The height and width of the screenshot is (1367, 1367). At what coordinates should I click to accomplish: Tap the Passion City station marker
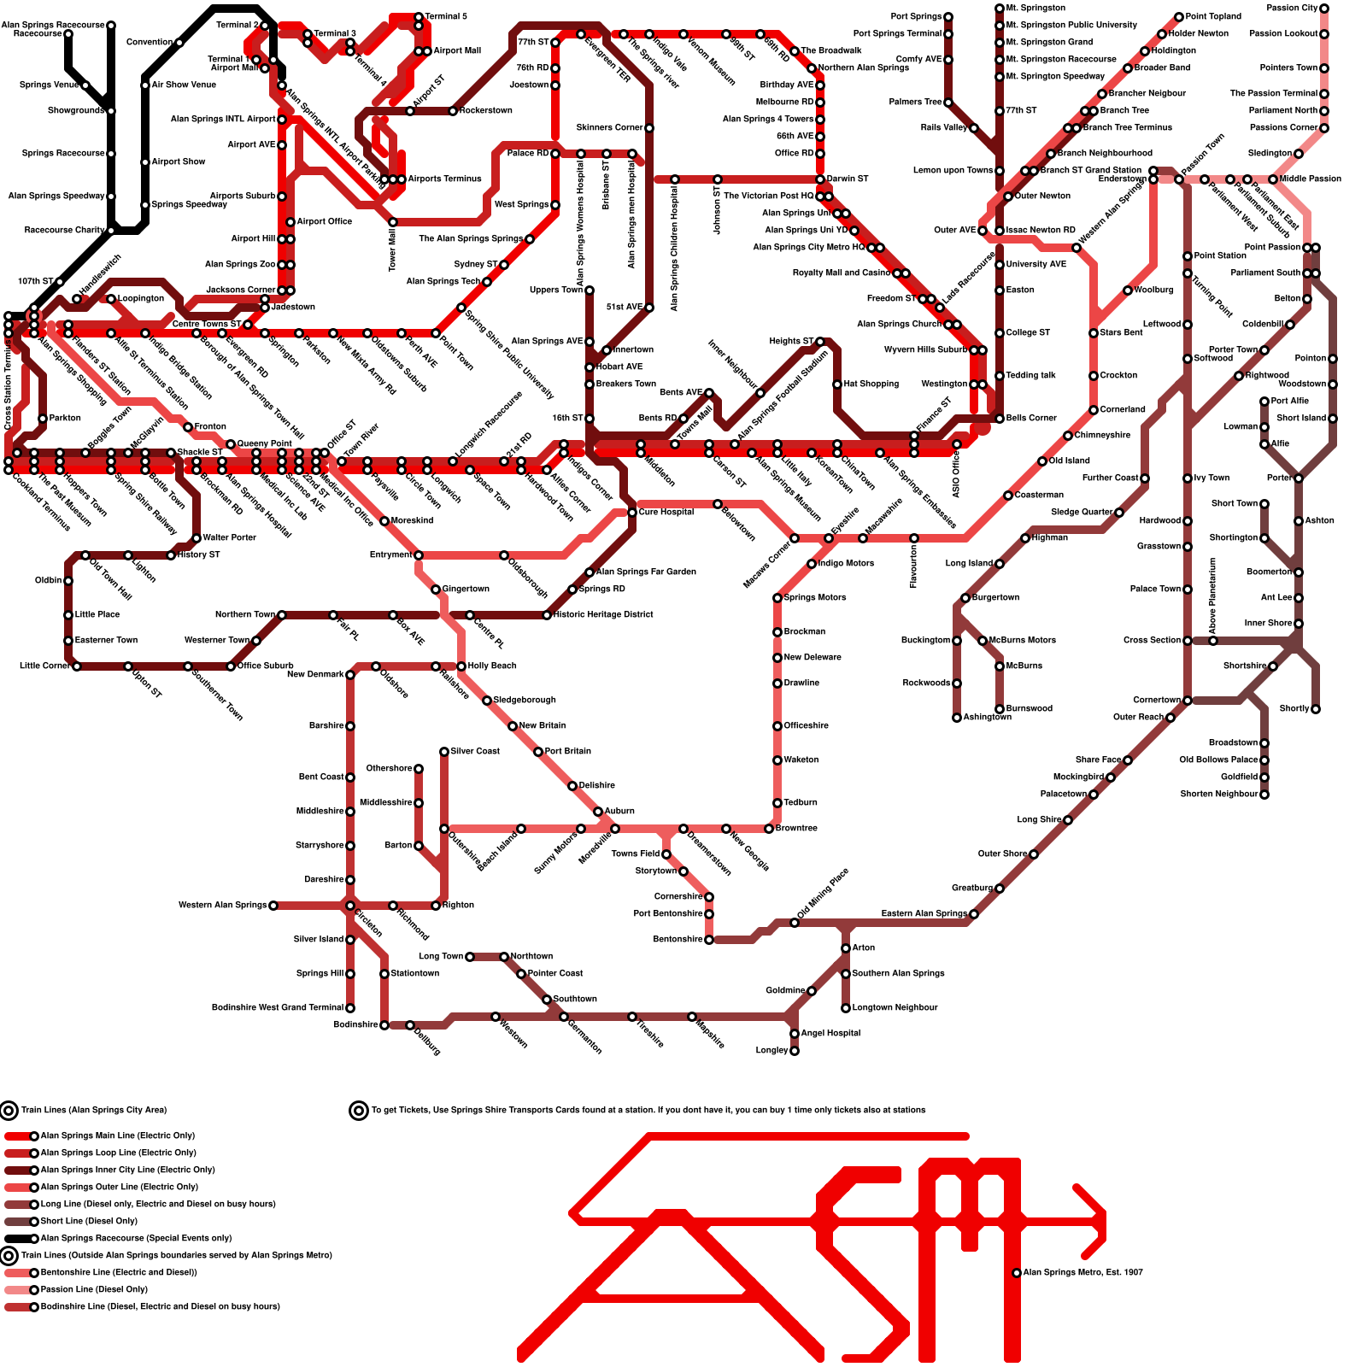1324,9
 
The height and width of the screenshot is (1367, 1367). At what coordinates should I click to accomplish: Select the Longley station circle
795,1051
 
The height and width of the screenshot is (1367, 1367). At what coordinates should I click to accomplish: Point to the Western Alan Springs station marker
273,906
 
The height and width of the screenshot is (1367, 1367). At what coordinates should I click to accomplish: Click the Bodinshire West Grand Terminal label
278,1008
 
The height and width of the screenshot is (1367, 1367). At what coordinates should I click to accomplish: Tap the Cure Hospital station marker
632,513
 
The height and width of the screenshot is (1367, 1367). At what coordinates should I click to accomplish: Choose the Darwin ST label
848,179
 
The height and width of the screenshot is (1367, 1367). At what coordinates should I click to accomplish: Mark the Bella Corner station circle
1000,419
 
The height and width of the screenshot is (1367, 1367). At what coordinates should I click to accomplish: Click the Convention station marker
179,43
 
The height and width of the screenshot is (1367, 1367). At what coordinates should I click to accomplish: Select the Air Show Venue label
184,85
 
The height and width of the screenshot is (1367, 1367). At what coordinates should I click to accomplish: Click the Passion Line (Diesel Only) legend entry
94,1289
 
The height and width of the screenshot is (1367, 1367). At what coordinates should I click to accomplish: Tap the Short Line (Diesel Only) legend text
89,1221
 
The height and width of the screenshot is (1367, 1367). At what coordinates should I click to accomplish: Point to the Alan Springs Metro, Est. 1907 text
1082,1272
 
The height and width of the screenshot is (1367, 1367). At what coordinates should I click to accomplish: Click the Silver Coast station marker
444,752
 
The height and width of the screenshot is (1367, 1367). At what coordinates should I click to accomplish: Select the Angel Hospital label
830,1033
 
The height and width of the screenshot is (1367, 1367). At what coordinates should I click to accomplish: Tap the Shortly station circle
1316,709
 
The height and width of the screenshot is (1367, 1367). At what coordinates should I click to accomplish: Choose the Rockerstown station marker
453,111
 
